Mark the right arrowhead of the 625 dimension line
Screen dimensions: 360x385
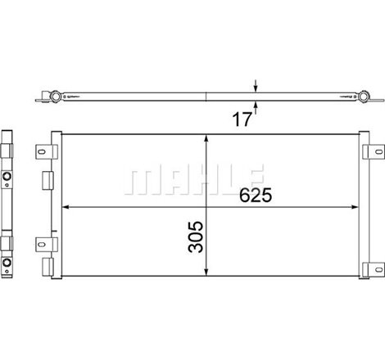(359, 205)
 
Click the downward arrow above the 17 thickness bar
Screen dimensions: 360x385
(256, 87)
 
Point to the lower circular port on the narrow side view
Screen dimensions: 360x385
(7, 263)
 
